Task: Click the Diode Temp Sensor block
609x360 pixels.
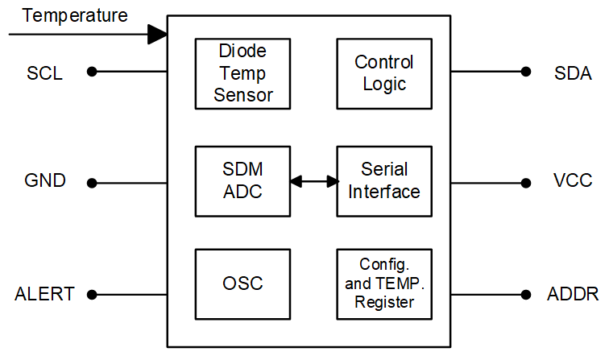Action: tap(243, 73)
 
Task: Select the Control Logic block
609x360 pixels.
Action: tap(383, 73)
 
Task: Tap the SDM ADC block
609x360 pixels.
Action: tap(243, 181)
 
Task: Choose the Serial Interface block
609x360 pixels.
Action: tap(383, 181)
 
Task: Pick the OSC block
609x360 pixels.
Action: tap(243, 283)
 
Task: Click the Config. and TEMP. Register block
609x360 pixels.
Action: tap(383, 283)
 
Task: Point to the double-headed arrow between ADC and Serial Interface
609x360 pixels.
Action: tap(313, 182)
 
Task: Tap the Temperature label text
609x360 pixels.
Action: tap(74, 15)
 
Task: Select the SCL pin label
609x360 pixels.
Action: tap(44, 73)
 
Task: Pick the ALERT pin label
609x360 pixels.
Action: tap(44, 294)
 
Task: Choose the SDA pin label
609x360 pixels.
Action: tap(574, 73)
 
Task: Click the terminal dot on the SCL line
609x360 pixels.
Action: tap(92, 72)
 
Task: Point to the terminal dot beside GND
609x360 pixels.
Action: tap(92, 183)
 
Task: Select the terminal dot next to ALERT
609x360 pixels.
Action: tap(92, 294)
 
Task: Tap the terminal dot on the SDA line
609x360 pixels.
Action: tap(526, 72)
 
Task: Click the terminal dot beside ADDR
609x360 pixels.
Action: tap(526, 294)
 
